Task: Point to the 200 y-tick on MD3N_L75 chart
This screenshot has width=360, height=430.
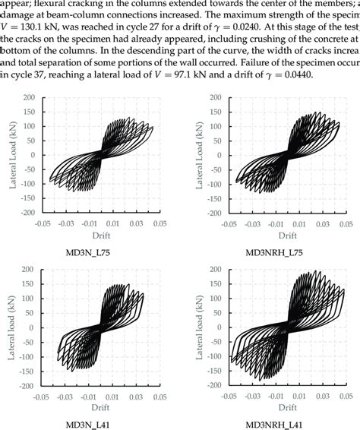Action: click(x=30, y=98)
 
